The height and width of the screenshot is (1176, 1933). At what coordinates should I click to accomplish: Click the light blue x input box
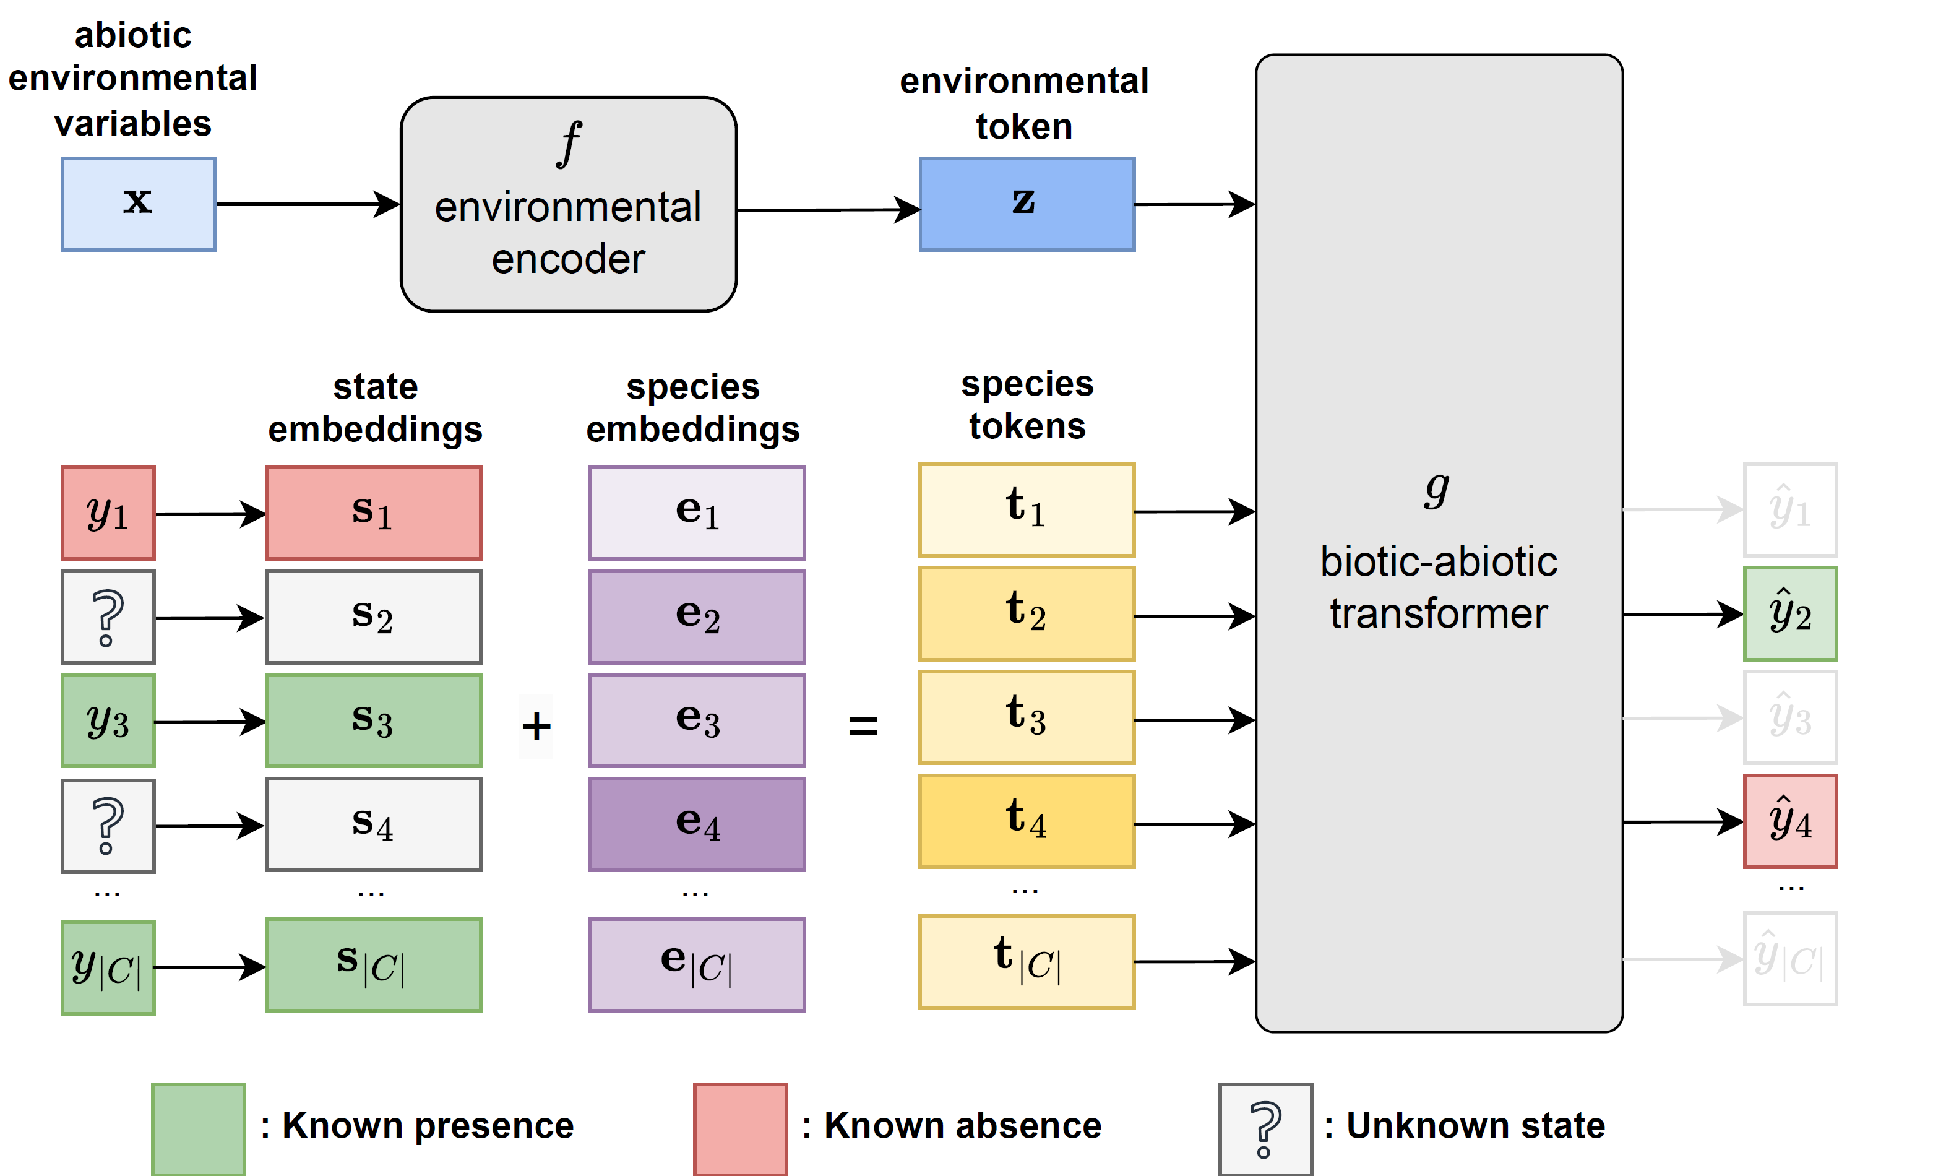click(x=138, y=204)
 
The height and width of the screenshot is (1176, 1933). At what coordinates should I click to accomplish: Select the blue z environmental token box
click(x=1026, y=204)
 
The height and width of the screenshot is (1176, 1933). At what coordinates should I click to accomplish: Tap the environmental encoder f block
click(x=568, y=204)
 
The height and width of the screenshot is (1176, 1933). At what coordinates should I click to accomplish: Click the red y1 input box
click(x=108, y=513)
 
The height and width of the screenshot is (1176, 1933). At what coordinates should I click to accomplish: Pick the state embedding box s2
click(x=374, y=616)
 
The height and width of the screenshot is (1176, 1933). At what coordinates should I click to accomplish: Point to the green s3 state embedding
click(x=374, y=720)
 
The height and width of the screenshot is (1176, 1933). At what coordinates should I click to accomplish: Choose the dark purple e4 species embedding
click(x=697, y=824)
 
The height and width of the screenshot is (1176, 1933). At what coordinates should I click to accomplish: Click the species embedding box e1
click(x=697, y=513)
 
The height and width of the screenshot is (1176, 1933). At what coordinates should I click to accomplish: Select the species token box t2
click(x=1026, y=613)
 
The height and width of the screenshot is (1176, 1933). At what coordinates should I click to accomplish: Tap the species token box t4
click(x=1026, y=821)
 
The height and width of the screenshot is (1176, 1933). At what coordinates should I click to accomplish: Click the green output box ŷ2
click(x=1790, y=613)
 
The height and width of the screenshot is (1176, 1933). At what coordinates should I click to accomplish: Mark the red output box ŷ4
click(x=1790, y=821)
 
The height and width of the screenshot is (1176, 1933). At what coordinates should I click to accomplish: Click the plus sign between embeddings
click(x=536, y=725)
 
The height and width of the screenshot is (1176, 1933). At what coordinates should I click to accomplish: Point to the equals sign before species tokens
click(x=863, y=725)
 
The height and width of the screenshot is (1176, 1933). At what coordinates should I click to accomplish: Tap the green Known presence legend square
click(x=199, y=1128)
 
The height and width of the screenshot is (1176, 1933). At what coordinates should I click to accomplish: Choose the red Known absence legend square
click(x=740, y=1128)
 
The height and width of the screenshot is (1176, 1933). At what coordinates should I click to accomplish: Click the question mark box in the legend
click(x=1265, y=1128)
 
